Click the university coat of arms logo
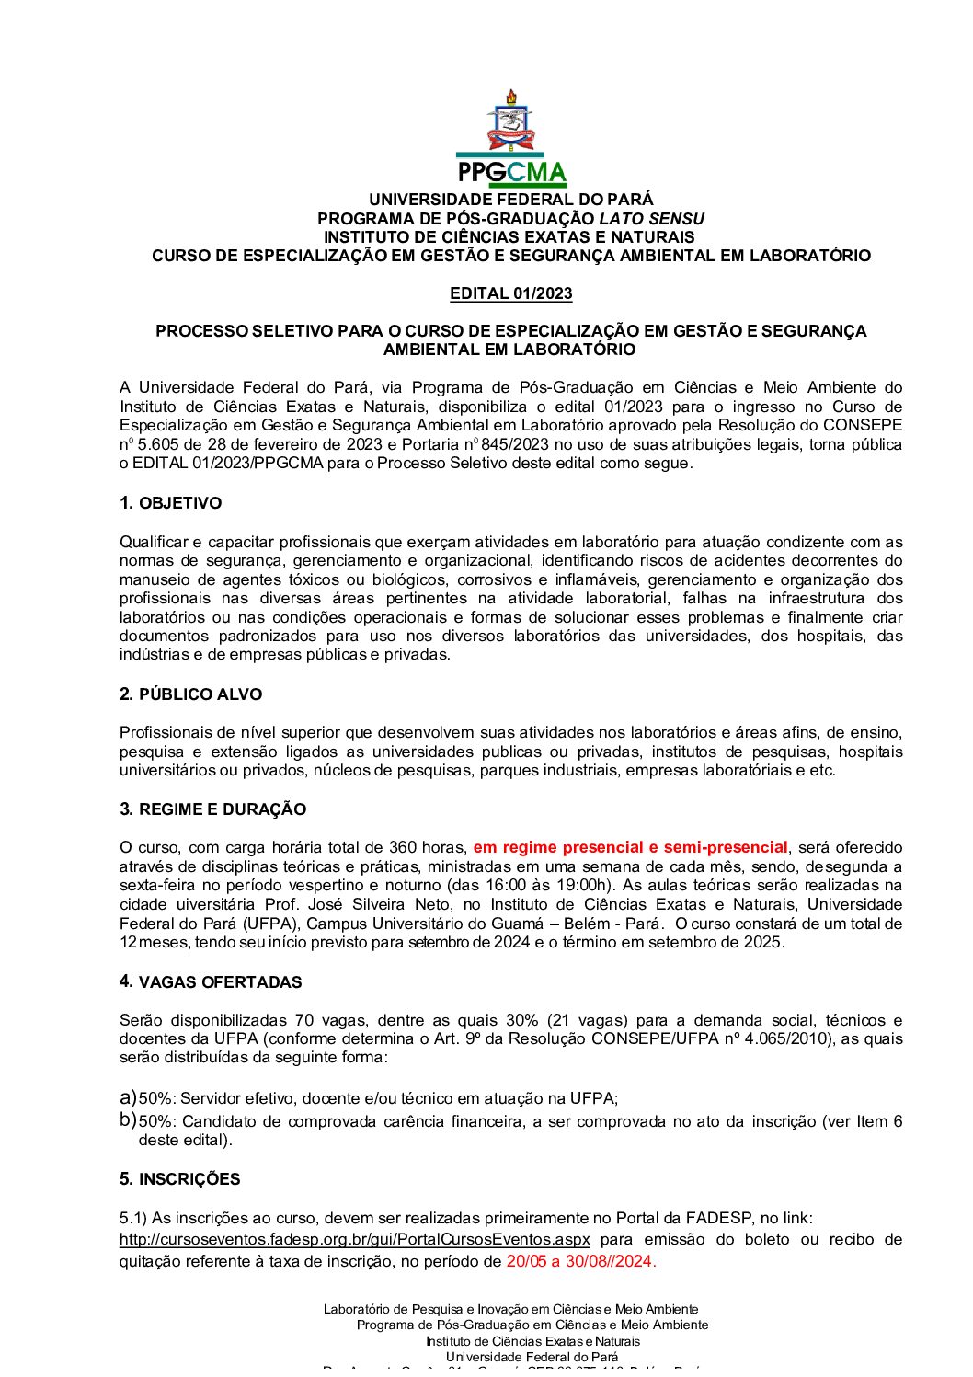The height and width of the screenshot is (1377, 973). click(510, 121)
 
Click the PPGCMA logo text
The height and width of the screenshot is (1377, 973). click(511, 172)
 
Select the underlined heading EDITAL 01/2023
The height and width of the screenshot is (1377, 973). click(510, 293)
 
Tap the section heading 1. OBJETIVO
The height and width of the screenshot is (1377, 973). click(170, 503)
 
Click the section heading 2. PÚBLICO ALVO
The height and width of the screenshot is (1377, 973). click(190, 694)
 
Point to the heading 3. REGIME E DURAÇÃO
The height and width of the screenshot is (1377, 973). click(212, 809)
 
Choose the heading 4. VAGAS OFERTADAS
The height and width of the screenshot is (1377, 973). click(211, 982)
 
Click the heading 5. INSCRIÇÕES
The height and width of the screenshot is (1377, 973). click(179, 1179)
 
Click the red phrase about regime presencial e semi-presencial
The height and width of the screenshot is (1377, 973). click(630, 847)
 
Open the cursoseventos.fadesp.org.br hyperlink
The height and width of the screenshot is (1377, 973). click(354, 1239)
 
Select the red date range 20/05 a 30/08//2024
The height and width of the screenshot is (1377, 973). click(580, 1261)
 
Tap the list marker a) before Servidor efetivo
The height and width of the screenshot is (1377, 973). click(128, 1097)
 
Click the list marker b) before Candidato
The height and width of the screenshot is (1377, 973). click(128, 1120)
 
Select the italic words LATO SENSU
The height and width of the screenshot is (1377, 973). click(651, 219)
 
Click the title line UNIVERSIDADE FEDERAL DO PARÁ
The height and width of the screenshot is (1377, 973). click(510, 200)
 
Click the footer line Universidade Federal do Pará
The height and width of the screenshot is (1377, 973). click(532, 1357)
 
